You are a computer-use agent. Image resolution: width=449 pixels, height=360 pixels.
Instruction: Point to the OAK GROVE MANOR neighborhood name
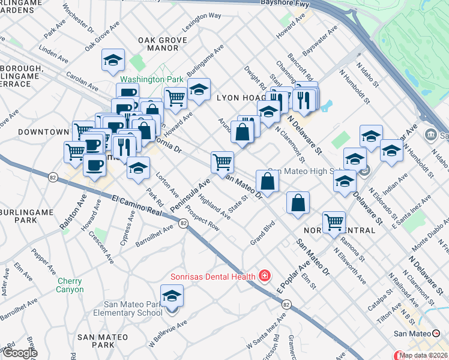pyautogui.click(x=159, y=45)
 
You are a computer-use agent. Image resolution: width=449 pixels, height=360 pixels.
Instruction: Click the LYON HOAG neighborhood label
pyautogui.click(x=240, y=97)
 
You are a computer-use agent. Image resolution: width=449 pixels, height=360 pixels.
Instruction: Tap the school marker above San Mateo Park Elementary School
pyautogui.click(x=172, y=296)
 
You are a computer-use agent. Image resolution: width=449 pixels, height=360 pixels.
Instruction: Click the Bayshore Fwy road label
pyautogui.click(x=287, y=3)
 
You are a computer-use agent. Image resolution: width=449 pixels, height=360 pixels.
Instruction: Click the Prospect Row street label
pyautogui.click(x=202, y=220)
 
